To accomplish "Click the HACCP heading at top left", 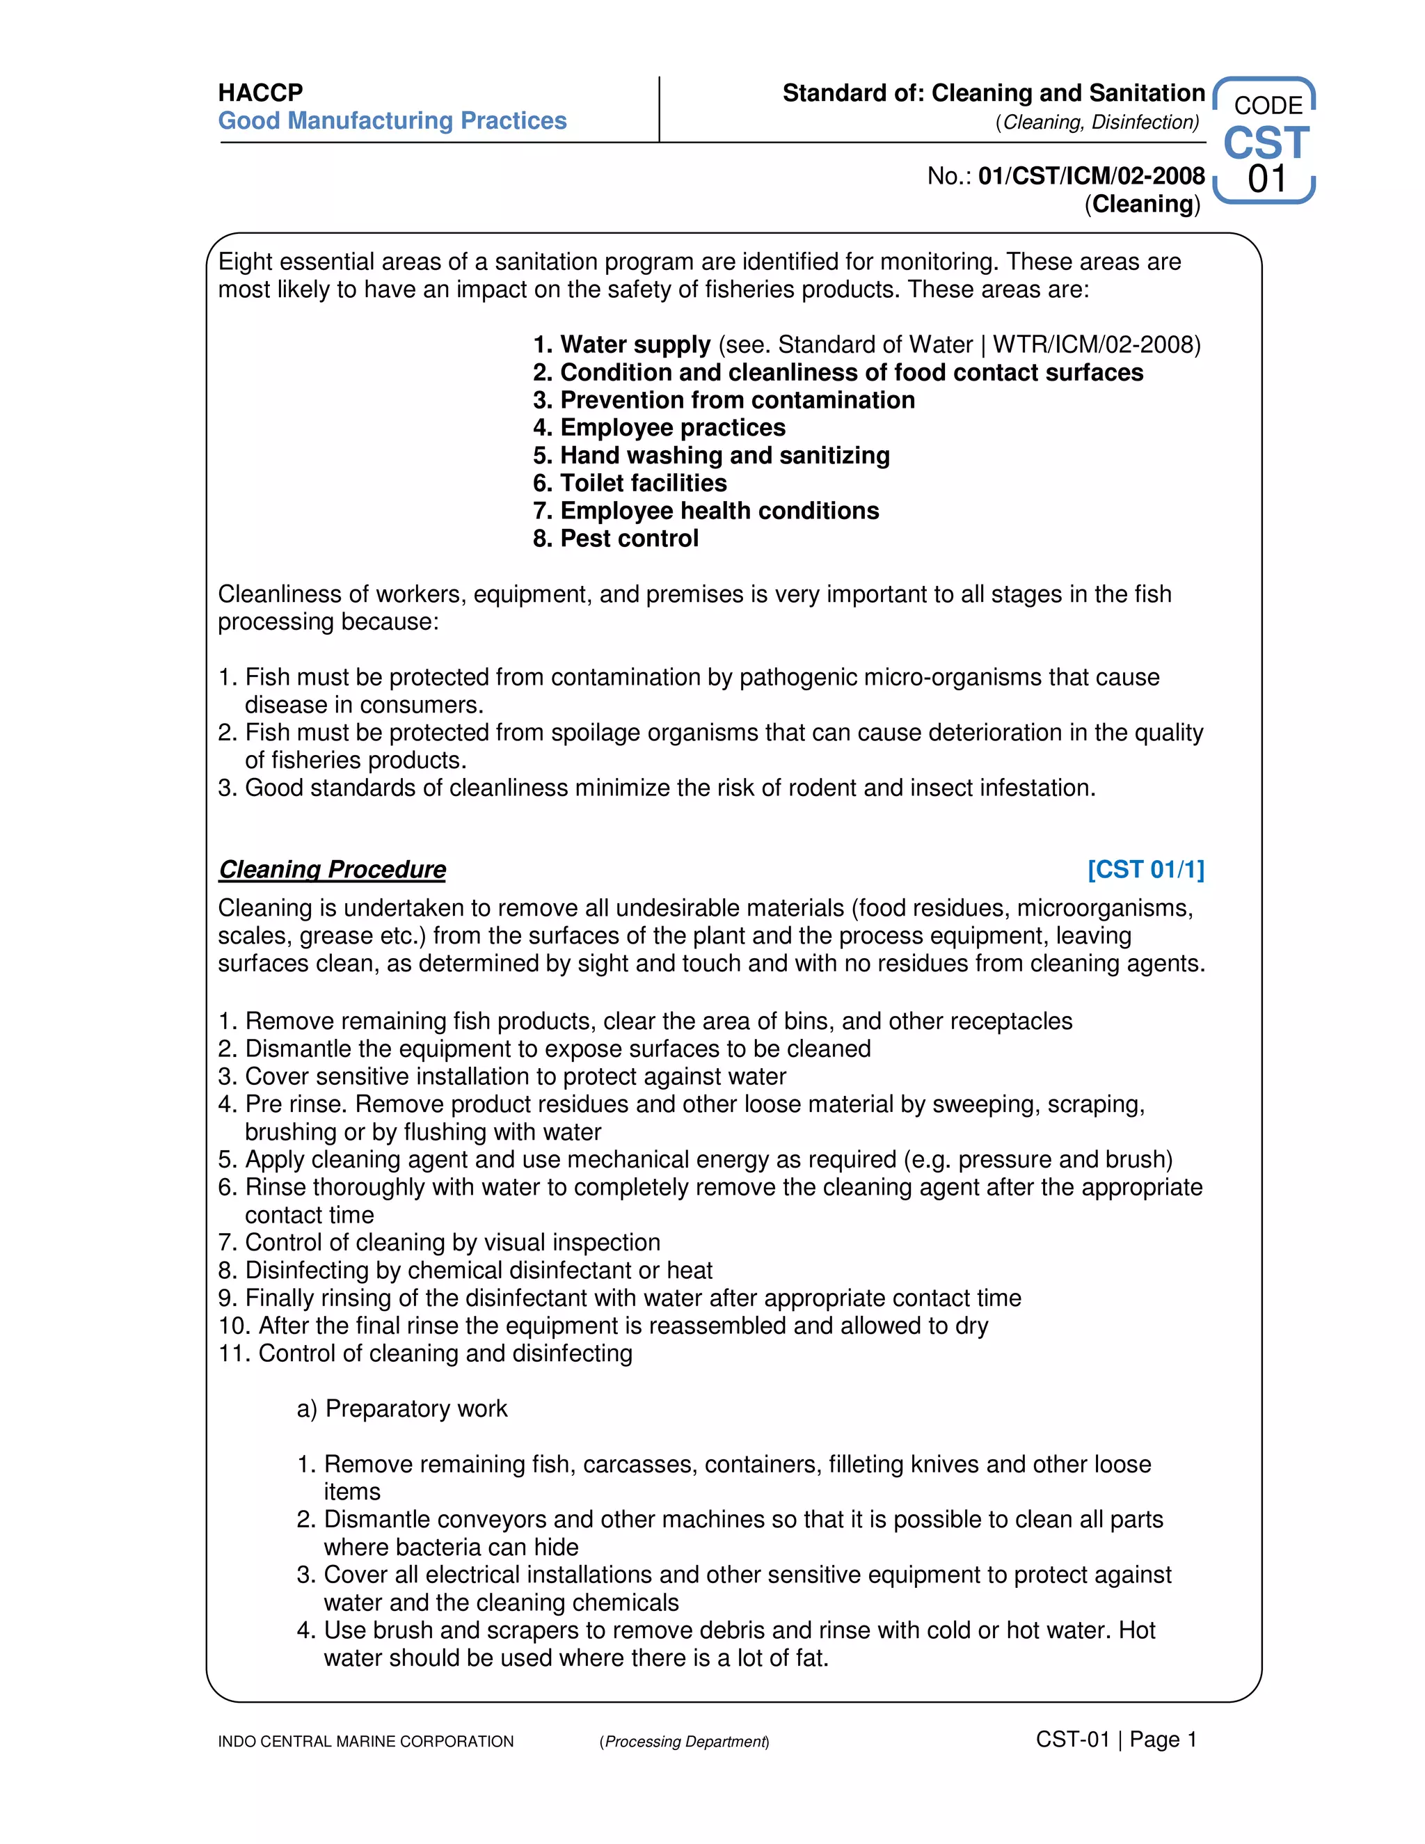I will [260, 92].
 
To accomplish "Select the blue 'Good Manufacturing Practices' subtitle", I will [392, 121].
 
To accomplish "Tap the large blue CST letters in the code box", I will [1266, 143].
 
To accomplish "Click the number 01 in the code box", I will [1267, 179].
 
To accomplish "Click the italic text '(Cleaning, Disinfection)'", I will [1097, 122].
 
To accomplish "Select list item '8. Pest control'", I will [615, 539].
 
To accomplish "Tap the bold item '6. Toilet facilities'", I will [630, 483].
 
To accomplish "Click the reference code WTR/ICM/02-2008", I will [1096, 344].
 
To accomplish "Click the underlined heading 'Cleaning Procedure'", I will [332, 869].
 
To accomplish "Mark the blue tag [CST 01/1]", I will [1145, 869].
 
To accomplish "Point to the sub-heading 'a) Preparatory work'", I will [402, 1408].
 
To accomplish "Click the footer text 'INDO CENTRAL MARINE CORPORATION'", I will [365, 1741].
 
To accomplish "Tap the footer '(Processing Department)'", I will [684, 1741].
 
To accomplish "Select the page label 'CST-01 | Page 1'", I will [1116, 1740].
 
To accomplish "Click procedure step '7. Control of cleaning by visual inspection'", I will [439, 1242].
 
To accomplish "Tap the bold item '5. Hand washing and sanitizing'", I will [711, 455].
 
